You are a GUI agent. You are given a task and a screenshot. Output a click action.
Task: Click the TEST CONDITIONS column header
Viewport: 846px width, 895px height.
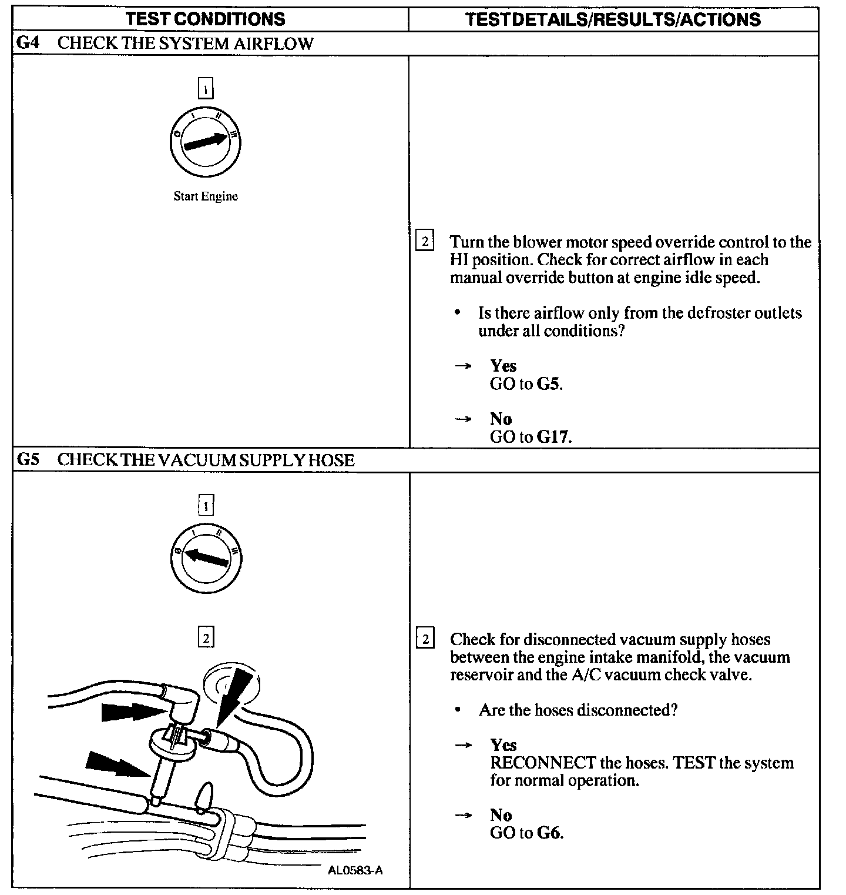click(206, 19)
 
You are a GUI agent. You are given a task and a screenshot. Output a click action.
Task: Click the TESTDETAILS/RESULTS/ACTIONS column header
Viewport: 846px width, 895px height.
click(613, 19)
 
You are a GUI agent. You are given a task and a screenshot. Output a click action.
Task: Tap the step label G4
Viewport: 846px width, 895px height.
click(28, 43)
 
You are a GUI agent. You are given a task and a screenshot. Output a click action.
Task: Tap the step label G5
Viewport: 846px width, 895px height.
click(28, 459)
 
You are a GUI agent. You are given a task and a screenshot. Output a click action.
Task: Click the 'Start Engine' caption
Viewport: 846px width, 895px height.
click(206, 196)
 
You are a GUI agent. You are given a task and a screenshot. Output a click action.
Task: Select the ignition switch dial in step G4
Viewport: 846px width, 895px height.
click(205, 142)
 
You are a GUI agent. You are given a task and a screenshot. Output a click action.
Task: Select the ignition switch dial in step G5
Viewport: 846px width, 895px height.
click(205, 557)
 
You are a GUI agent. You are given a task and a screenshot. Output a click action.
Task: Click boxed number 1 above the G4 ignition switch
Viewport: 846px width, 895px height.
click(206, 89)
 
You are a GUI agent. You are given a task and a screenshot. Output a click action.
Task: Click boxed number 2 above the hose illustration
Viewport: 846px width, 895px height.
click(206, 637)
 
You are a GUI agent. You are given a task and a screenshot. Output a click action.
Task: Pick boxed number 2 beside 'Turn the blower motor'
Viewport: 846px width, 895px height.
click(424, 242)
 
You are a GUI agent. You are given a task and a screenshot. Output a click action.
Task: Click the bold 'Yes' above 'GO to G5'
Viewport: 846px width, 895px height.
click(503, 366)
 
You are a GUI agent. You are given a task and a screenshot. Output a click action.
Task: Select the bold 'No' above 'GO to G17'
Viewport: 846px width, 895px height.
click(501, 419)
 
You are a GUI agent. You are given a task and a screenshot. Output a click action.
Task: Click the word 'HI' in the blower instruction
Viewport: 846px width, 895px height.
click(459, 260)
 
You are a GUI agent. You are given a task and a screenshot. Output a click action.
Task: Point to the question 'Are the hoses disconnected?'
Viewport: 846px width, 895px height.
click(578, 710)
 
